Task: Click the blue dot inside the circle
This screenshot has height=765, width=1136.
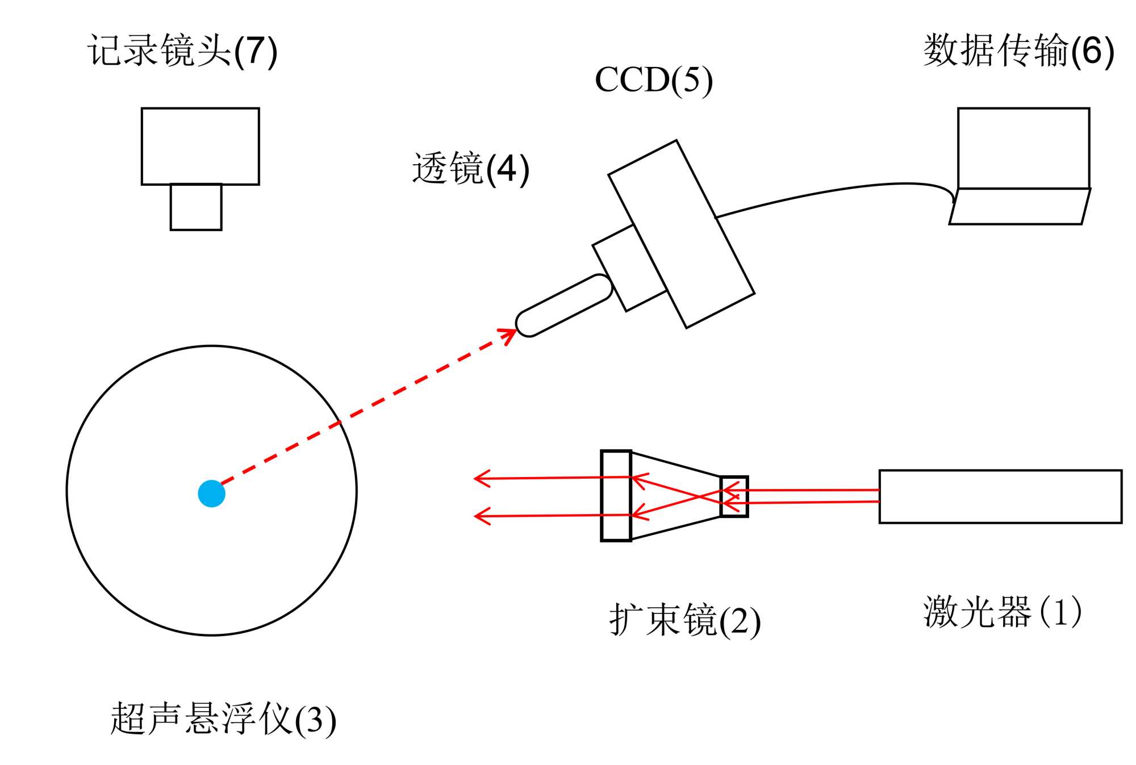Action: [211, 493]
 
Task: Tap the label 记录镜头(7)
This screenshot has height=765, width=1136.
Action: [182, 51]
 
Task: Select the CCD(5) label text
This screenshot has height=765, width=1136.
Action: [653, 80]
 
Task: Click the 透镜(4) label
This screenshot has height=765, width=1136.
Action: [470, 169]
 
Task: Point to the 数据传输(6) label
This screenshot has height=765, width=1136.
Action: [1018, 51]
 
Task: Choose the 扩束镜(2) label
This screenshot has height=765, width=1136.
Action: [684, 620]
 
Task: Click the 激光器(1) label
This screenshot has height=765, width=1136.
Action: [1002, 612]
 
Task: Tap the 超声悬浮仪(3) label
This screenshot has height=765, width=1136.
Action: [223, 719]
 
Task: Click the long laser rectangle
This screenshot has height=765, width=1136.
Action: [1000, 496]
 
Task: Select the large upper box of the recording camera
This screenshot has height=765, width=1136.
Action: [200, 146]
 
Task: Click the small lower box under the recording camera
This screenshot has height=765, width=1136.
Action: [196, 207]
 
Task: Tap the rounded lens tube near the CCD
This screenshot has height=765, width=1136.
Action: [563, 306]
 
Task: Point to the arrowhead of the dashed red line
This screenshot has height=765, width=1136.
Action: [510, 333]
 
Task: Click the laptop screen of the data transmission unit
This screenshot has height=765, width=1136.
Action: [1023, 148]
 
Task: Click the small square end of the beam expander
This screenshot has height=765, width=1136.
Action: [734, 496]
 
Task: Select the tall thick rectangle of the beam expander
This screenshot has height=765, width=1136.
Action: [616, 496]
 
